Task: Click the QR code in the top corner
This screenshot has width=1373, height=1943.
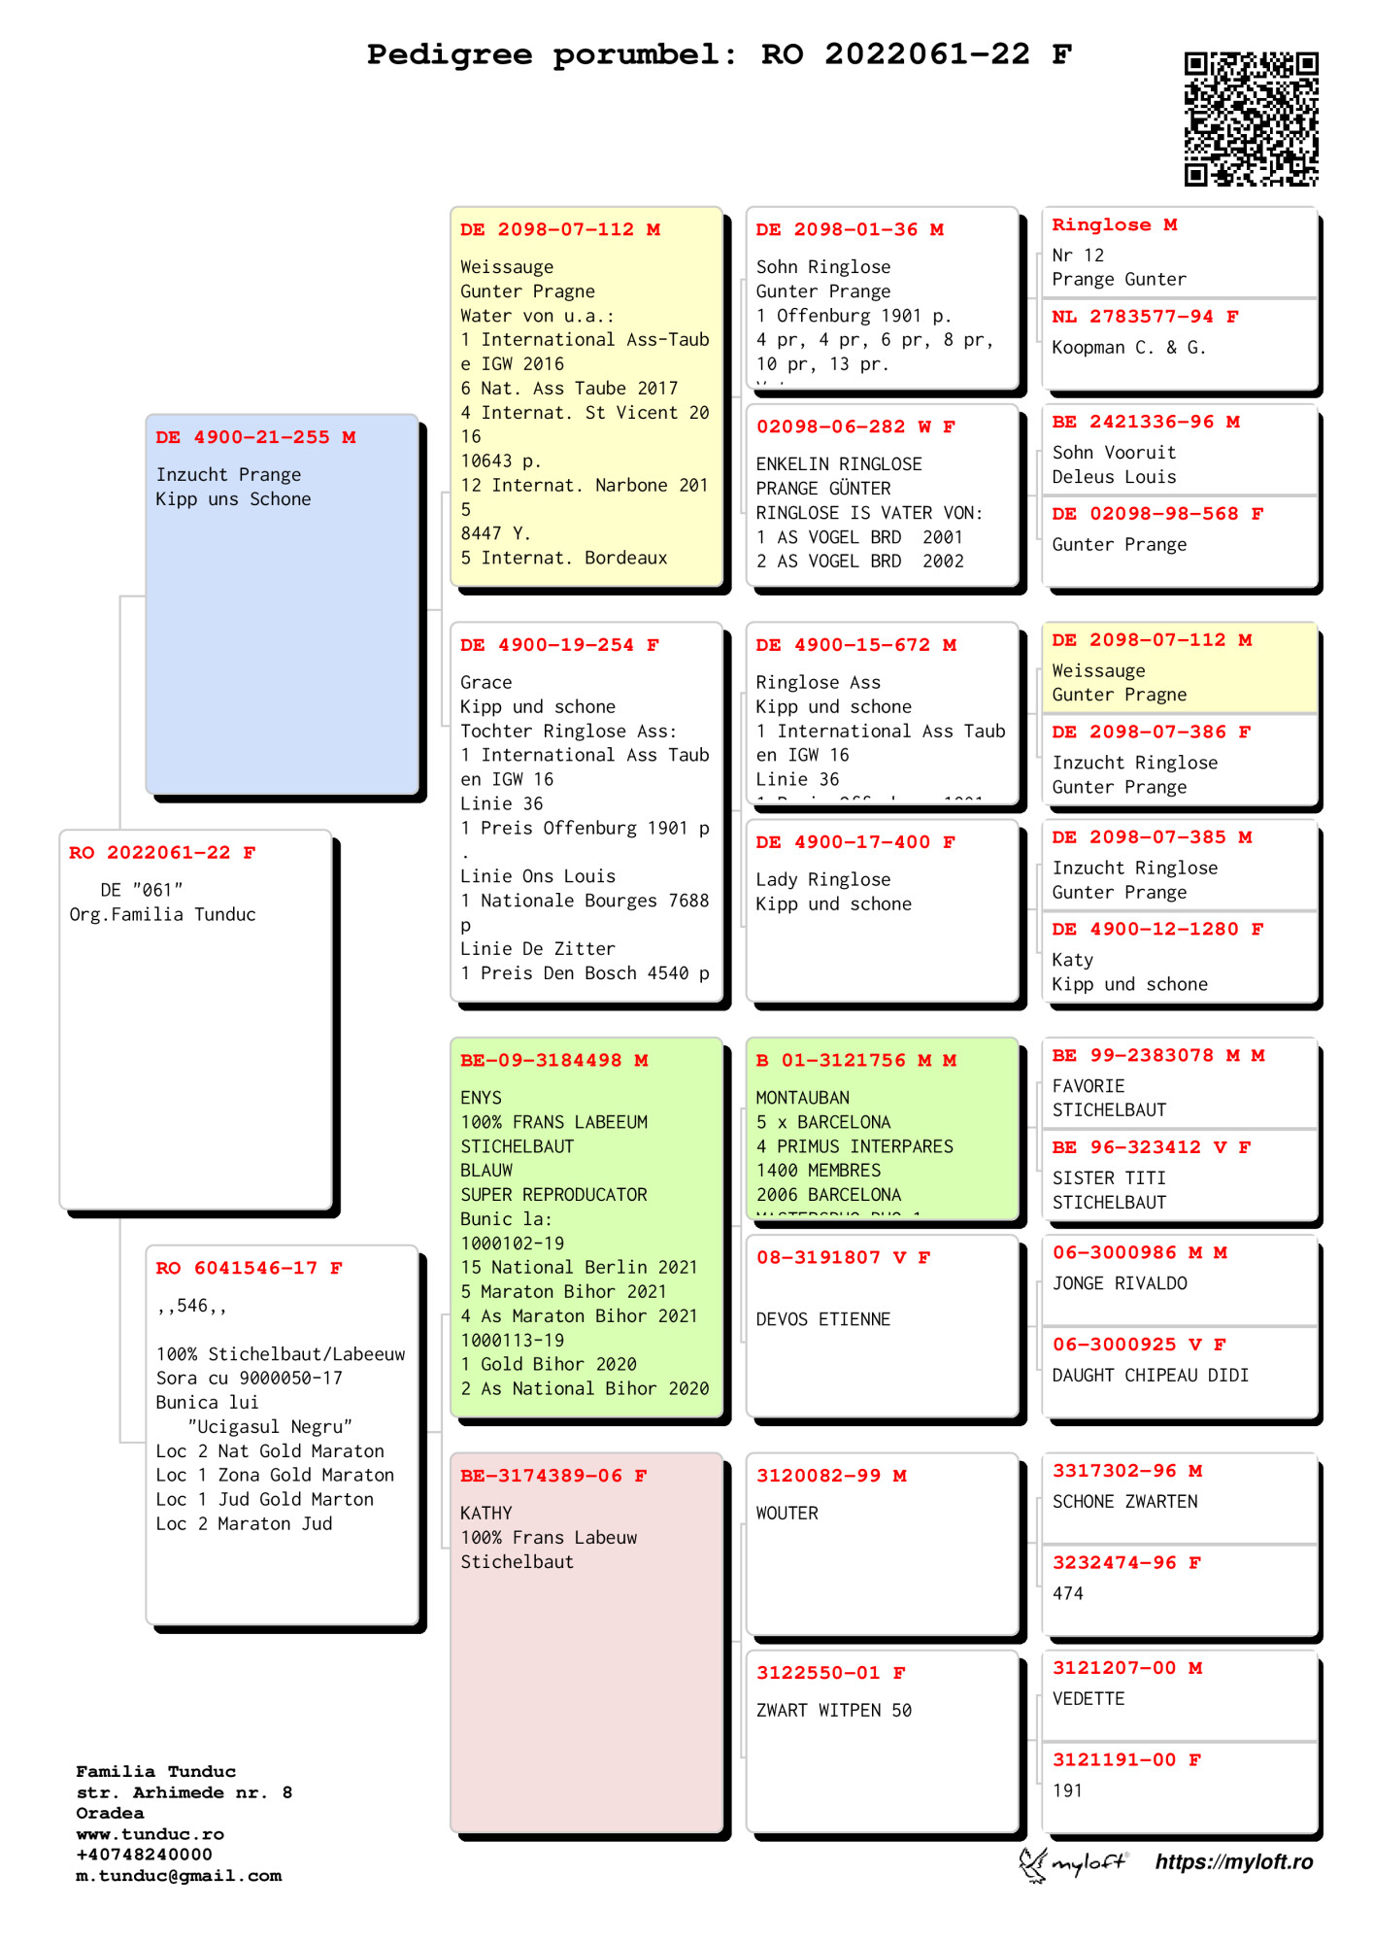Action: tap(1251, 119)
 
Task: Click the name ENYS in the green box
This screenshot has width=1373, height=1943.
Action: tap(481, 1098)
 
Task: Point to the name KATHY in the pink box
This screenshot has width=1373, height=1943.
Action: tap(486, 1513)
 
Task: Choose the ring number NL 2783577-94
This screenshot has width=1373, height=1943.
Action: tap(1133, 317)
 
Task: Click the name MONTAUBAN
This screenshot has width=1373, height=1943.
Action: tap(802, 1098)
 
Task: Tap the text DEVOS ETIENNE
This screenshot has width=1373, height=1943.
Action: tap(822, 1319)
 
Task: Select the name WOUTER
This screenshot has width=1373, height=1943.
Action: tap(787, 1513)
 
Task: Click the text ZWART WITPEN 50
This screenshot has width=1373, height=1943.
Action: tap(833, 1710)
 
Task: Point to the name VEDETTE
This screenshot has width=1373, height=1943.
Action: tap(1088, 1698)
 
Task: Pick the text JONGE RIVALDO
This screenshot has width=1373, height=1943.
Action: tap(1119, 1283)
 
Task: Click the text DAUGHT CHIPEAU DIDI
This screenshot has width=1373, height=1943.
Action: tap(1150, 1376)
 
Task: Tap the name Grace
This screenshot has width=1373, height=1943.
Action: tap(486, 682)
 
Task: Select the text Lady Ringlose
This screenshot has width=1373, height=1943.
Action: tap(822, 879)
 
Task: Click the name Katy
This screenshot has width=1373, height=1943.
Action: tap(1072, 960)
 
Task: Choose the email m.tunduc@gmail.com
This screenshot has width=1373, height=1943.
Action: tap(179, 1876)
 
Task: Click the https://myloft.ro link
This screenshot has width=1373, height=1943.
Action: tap(1233, 1861)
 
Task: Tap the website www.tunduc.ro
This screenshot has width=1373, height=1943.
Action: tap(150, 1834)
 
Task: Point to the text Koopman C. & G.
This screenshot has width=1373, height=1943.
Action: tap(1128, 348)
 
